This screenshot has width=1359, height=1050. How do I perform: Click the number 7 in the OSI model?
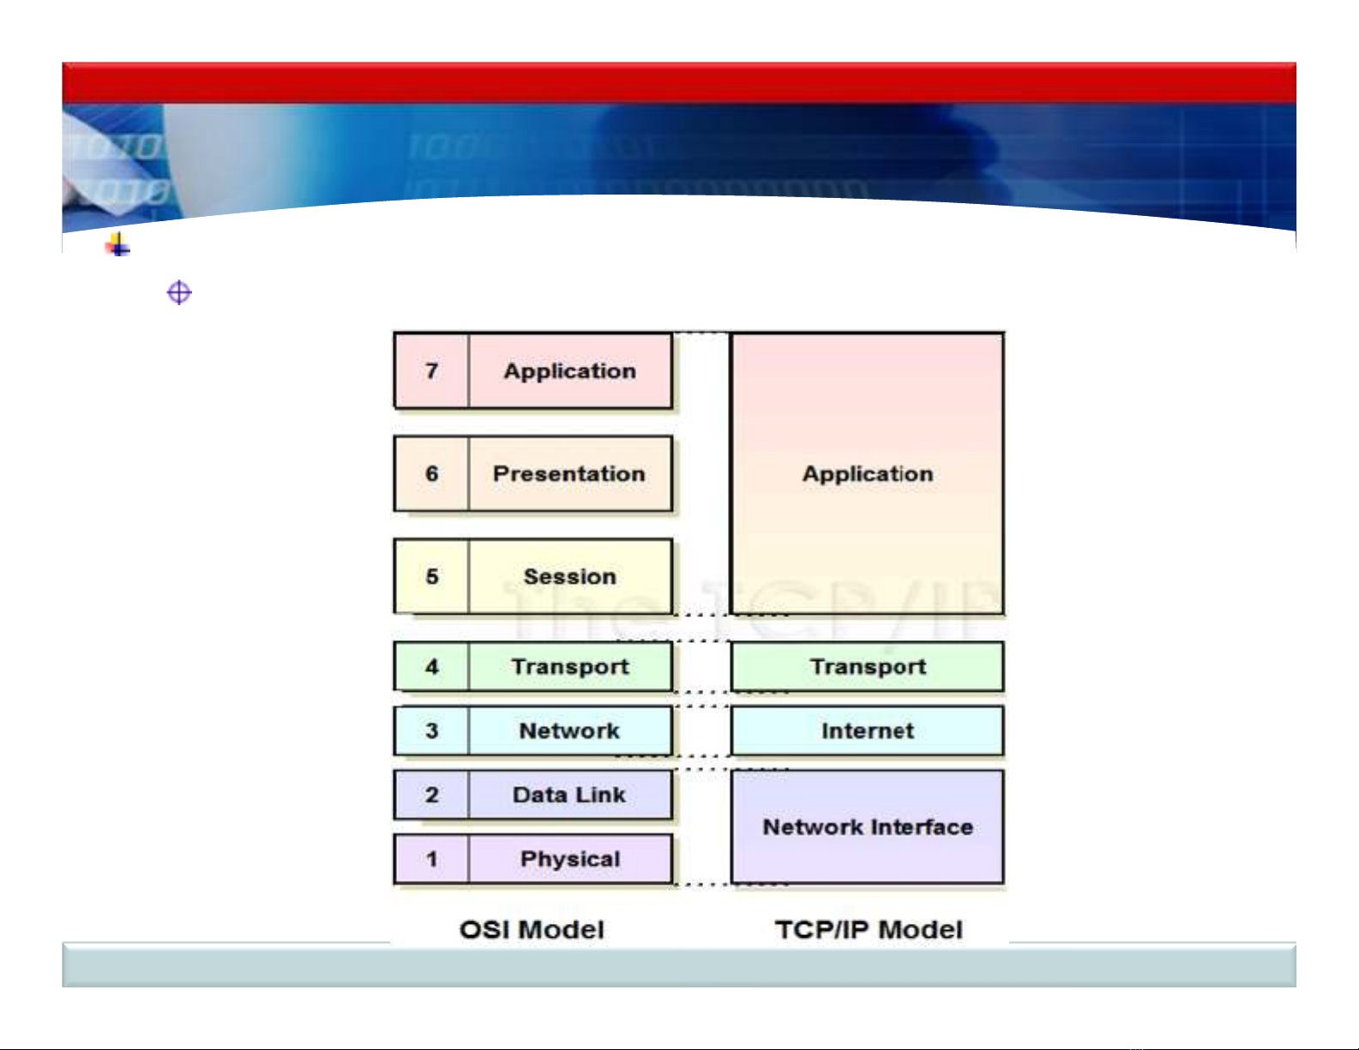[x=431, y=371]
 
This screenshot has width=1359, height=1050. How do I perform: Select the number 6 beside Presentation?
[x=431, y=474]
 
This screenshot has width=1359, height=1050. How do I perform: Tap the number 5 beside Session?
[x=431, y=577]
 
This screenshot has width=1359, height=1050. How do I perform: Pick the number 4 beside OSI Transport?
[x=431, y=667]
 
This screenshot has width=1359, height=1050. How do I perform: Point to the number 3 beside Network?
[x=431, y=731]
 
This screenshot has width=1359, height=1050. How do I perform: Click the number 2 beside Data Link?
[x=431, y=795]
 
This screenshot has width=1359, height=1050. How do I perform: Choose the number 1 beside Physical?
[x=431, y=859]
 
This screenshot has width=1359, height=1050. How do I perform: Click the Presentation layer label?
[x=569, y=474]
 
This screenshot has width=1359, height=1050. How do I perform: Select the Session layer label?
[x=570, y=577]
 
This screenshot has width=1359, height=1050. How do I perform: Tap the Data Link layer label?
[x=569, y=795]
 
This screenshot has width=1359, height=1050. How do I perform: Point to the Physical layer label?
[x=570, y=859]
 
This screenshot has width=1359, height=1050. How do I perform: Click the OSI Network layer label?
[x=569, y=731]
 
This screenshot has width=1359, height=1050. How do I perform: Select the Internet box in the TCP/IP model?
[x=868, y=731]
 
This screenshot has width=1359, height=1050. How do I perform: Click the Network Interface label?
[x=868, y=827]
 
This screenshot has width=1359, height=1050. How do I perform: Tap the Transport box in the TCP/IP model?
[x=868, y=667]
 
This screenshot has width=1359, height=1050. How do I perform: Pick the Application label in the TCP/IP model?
[x=868, y=474]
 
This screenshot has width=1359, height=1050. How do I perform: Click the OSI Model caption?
[x=532, y=930]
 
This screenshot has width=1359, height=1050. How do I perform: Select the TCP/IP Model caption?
[x=869, y=930]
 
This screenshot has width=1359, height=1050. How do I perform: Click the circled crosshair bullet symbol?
[x=179, y=293]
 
